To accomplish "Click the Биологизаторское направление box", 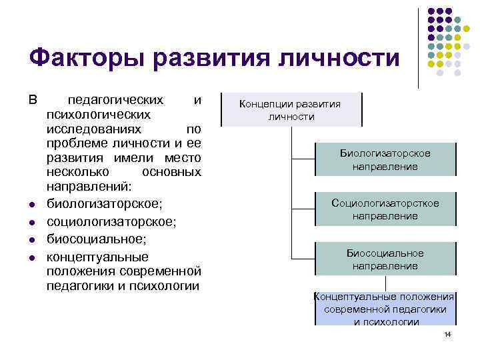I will [x=385, y=160].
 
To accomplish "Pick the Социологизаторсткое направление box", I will [x=385, y=209].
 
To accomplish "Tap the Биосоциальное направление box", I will [x=385, y=259].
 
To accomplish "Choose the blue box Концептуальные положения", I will [x=385, y=309].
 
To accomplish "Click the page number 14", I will [x=447, y=334].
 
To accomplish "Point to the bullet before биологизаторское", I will [x=33, y=203].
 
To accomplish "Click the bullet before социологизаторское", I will [x=33, y=221].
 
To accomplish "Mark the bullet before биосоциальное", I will [x=33, y=239].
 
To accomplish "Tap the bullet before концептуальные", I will [x=33, y=257].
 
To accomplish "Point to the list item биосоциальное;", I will [x=91, y=239].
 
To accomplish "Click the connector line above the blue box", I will [x=385, y=283].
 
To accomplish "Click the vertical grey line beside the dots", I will [x=419, y=47].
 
